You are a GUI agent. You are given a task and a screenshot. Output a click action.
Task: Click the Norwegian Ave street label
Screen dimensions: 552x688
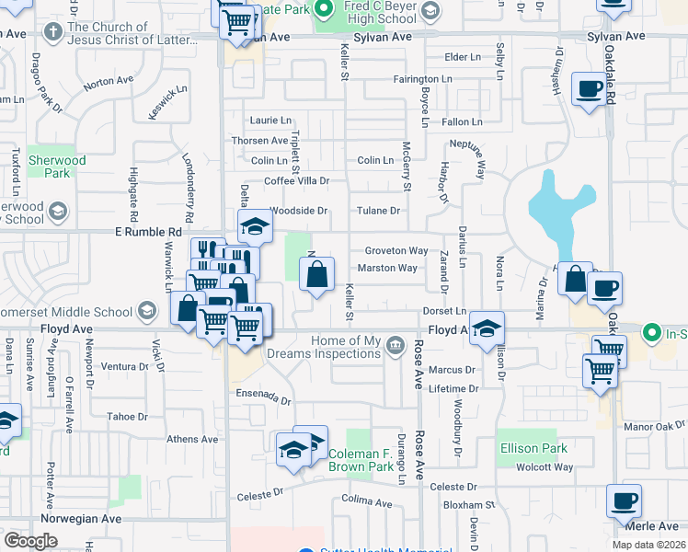81,519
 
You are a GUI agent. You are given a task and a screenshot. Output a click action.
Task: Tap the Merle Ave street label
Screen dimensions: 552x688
654,525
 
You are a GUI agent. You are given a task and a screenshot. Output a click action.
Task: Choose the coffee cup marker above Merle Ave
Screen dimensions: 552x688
624,501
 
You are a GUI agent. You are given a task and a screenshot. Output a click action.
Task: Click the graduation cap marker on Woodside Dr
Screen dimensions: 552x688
255,224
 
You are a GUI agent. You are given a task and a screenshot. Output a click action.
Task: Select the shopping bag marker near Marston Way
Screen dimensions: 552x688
316,274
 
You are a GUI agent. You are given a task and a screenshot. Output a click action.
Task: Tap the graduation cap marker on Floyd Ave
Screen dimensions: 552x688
487,328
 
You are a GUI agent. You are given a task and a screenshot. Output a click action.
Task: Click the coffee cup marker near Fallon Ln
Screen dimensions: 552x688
588,89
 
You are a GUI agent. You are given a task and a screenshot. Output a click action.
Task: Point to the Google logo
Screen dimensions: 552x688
29,541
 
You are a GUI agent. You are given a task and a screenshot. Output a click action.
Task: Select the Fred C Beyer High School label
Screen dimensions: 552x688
385,12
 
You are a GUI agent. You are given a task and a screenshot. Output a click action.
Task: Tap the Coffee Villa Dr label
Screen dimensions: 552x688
297,181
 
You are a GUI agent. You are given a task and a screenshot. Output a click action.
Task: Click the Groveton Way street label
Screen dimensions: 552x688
396,250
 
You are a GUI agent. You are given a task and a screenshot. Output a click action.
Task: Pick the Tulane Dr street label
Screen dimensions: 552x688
380,211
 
